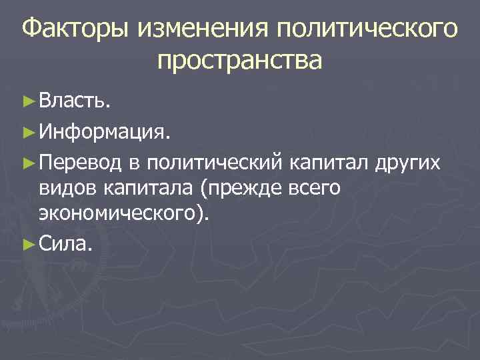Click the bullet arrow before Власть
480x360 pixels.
click(x=27, y=102)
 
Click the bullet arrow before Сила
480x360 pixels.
click(x=27, y=245)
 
